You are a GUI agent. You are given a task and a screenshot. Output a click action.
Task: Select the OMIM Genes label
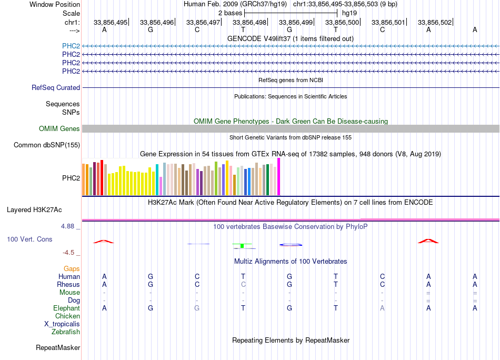pos(59,129)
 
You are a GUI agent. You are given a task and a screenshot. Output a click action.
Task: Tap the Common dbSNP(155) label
pos(47,145)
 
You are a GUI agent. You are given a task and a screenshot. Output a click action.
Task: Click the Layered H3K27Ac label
pos(34,210)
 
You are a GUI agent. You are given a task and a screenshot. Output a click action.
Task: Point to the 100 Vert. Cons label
pos(29,239)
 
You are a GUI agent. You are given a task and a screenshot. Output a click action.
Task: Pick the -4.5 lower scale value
pos(70,253)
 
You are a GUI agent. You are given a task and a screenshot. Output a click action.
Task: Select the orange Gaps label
pos(72,269)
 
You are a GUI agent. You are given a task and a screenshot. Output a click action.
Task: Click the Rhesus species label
pos(68,285)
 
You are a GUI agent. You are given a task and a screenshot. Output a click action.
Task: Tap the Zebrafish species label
pos(66,332)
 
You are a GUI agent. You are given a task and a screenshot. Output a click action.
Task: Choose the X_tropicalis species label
pos(62,324)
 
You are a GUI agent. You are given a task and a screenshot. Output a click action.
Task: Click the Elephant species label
pos(66,308)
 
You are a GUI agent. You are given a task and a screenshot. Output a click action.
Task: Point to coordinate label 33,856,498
pos(249,23)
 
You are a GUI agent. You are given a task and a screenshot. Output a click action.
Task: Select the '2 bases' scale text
pos(229,12)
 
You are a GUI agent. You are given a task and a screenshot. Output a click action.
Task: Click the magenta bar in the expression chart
pos(279,177)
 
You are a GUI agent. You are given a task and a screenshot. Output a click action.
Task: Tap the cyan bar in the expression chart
pos(157,180)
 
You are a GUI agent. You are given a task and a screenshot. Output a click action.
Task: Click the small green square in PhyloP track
pos(242,246)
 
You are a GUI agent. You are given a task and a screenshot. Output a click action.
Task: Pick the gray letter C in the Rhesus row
pos(243,285)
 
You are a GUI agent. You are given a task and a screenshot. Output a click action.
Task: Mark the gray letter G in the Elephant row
pos(197,308)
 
